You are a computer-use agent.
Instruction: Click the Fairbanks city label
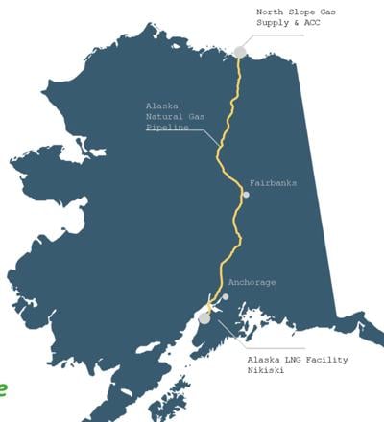(x=273, y=182)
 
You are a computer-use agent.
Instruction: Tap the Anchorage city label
(x=252, y=283)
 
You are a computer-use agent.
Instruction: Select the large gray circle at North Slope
(x=239, y=52)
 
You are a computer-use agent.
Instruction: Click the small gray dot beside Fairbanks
(x=246, y=195)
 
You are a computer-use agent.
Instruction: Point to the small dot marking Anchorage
(x=227, y=296)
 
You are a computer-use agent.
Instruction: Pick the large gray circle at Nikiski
(x=204, y=317)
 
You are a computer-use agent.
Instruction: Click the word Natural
(x=168, y=116)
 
